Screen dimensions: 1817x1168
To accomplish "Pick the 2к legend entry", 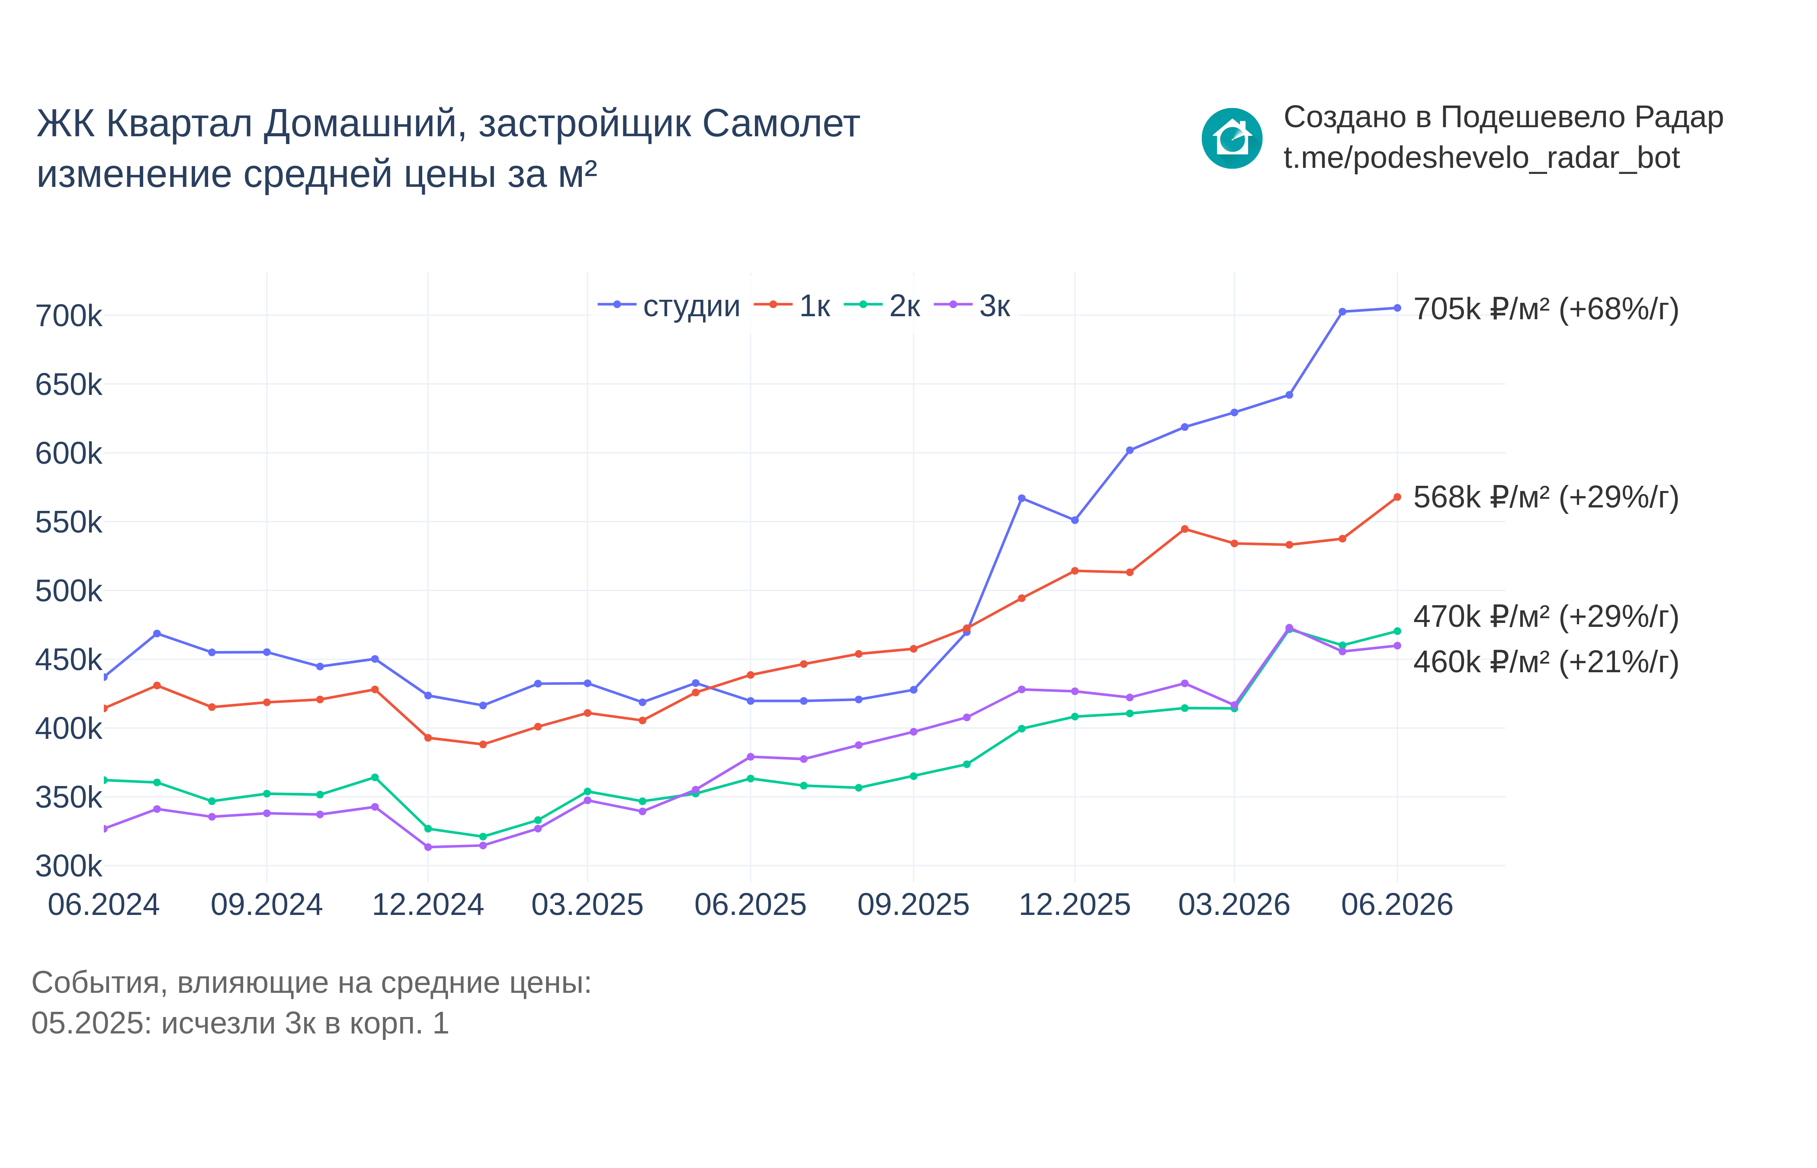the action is [x=882, y=306].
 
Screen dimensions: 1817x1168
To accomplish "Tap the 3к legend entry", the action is [x=972, y=306].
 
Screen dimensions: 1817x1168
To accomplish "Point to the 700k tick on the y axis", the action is [x=68, y=315].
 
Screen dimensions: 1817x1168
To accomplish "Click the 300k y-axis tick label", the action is [x=68, y=865].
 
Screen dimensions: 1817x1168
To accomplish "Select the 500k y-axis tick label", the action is [x=68, y=591].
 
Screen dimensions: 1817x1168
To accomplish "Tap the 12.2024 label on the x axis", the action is [x=428, y=905].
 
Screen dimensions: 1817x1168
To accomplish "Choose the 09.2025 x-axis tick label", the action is [x=913, y=905].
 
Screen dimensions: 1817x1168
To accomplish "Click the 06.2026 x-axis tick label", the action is [x=1397, y=905].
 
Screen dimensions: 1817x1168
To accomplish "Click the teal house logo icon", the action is [x=1232, y=138].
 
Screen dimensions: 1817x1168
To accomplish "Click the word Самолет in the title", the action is [x=781, y=124].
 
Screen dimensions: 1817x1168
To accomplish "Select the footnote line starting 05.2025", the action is [x=241, y=1023].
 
